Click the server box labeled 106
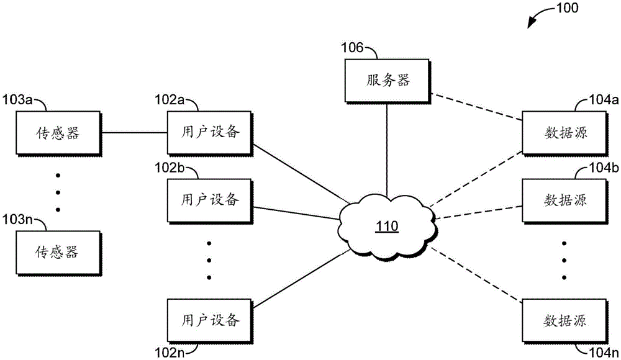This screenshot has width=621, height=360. pos(387,81)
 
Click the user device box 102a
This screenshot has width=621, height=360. pos(210,133)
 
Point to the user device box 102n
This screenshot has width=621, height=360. pos(210,320)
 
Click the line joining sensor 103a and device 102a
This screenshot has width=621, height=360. pos(134,133)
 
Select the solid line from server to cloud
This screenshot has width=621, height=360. pos(388,146)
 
